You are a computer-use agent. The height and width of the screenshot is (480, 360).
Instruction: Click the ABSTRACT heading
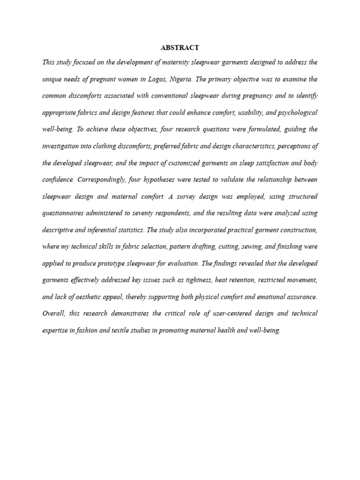pyautogui.click(x=180, y=48)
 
